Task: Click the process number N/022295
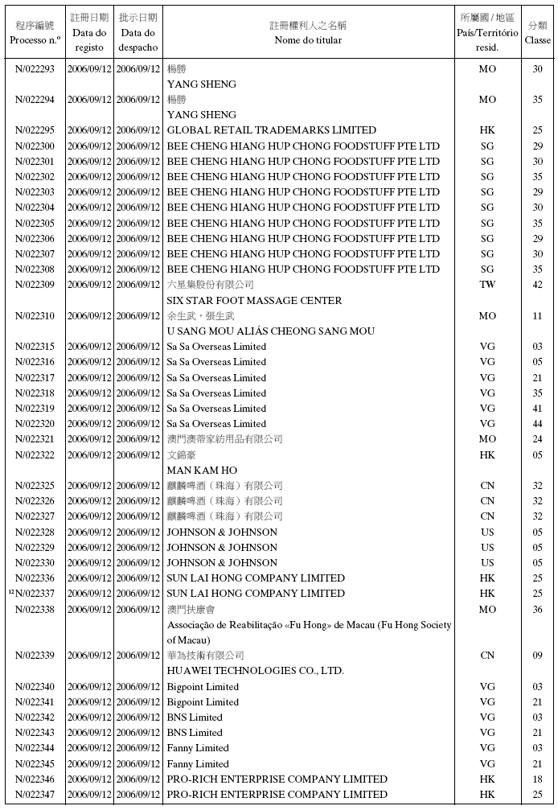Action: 35,130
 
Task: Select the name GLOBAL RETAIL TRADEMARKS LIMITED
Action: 271,130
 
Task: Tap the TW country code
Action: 487,285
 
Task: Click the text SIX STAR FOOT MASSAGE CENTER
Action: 254,300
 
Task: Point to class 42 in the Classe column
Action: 538,285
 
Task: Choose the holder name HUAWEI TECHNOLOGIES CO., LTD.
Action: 255,671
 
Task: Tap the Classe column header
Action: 538,33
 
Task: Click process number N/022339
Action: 35,656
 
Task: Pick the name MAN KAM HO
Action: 202,471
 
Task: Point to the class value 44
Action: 538,424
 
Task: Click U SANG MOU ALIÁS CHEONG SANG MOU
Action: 270,331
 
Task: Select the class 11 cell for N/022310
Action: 538,316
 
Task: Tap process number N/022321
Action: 35,439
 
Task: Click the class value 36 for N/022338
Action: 538,610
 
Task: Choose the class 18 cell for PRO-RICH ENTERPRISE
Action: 538,779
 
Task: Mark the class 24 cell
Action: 538,439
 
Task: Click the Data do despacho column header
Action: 138,33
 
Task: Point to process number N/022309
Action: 35,285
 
